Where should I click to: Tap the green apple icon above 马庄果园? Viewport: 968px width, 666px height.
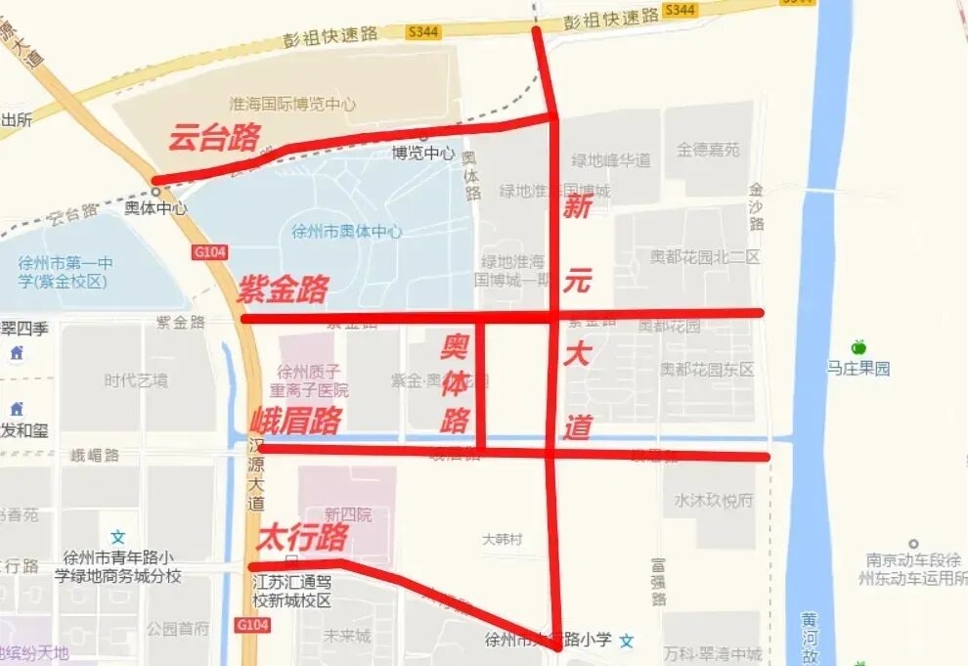858,347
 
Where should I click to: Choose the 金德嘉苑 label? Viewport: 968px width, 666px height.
708,150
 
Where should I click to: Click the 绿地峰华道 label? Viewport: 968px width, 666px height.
611,160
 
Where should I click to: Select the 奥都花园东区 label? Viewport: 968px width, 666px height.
706,370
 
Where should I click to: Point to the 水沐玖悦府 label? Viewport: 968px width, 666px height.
714,500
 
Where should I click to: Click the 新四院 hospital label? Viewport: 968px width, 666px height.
348,514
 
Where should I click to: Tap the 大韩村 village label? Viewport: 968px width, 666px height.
503,539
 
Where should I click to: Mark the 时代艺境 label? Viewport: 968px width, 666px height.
136,380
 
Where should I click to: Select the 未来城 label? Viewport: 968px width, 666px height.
348,636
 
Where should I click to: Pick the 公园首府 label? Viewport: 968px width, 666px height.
178,628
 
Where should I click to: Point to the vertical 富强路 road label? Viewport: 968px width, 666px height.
659,582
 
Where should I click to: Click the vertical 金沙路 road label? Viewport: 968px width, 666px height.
757,206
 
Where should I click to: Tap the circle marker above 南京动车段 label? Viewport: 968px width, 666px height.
913,544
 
